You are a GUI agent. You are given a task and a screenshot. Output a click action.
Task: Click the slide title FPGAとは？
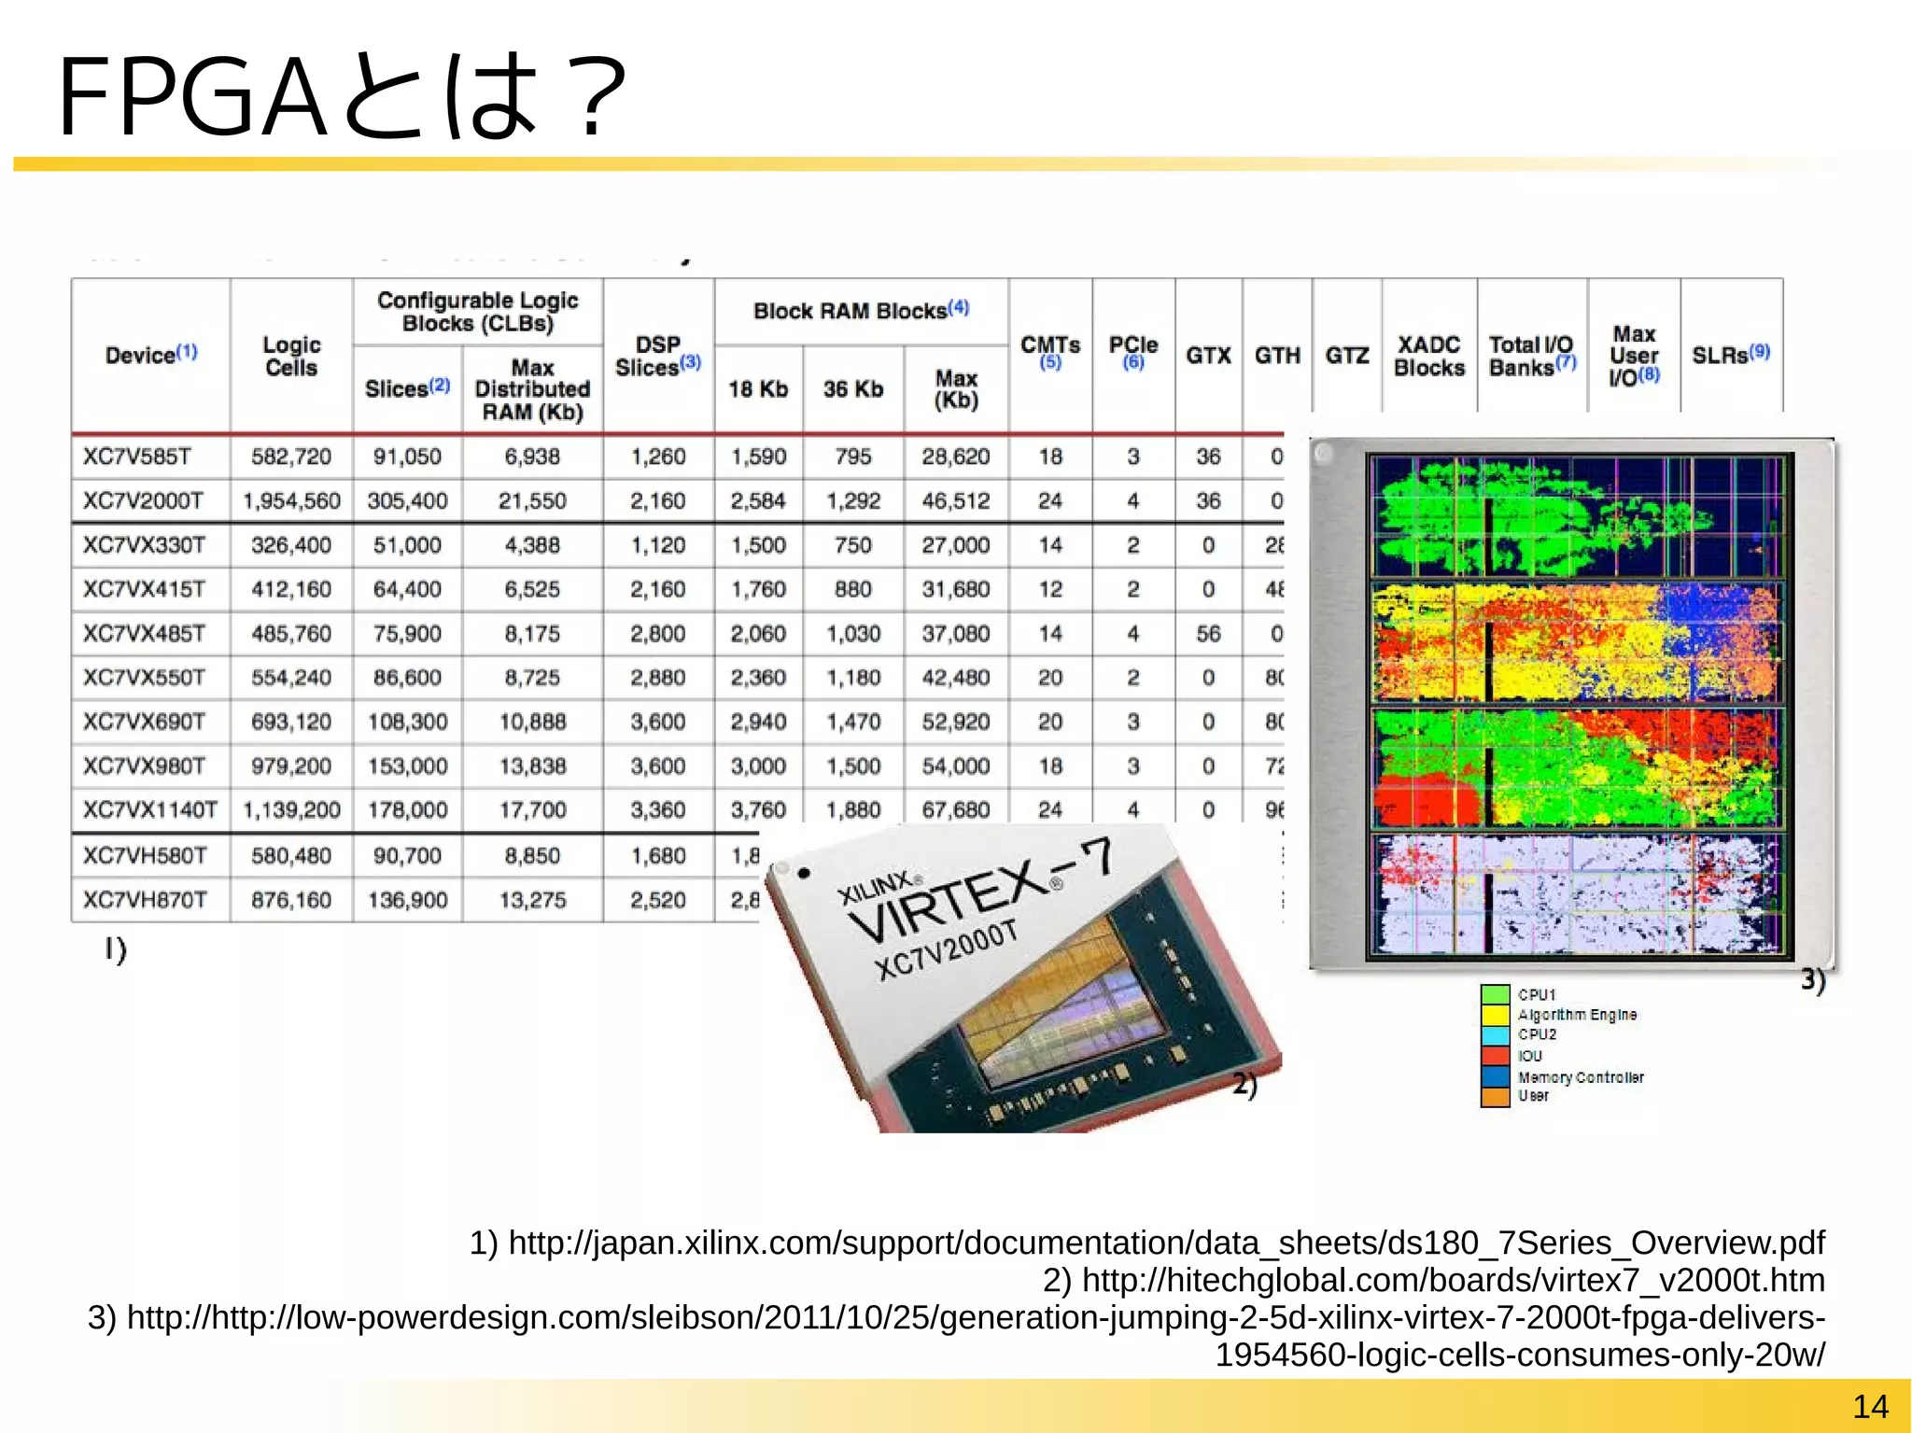(x=341, y=96)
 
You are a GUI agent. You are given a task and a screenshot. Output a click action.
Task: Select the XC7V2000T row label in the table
(x=143, y=501)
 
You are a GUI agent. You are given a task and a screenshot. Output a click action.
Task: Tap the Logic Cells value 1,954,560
(x=291, y=501)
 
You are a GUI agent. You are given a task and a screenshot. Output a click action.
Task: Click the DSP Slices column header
(x=658, y=357)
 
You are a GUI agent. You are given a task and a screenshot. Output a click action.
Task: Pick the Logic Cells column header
(x=291, y=357)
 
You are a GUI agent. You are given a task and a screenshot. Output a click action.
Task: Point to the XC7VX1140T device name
(x=150, y=810)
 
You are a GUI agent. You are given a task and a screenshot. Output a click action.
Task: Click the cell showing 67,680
(x=956, y=810)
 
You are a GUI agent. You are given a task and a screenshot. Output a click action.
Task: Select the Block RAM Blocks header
(x=861, y=311)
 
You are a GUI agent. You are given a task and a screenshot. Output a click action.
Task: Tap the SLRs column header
(x=1730, y=355)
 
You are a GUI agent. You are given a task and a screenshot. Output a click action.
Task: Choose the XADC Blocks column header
(x=1428, y=357)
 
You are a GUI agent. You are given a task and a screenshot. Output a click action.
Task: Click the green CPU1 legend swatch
(x=1495, y=995)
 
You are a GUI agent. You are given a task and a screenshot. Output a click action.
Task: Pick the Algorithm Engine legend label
(x=1577, y=1015)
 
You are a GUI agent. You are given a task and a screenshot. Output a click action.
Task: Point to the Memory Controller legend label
(x=1581, y=1077)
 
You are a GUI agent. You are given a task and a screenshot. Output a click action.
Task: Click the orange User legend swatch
(x=1495, y=1097)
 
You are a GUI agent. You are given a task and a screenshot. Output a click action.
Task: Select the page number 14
(x=1870, y=1406)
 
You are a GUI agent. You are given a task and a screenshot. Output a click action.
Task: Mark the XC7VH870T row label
(x=143, y=900)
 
